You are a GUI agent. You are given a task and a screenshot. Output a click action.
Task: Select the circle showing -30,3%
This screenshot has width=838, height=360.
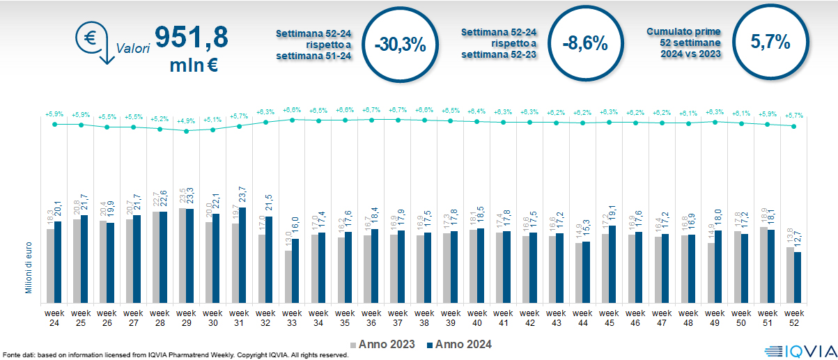coord(399,44)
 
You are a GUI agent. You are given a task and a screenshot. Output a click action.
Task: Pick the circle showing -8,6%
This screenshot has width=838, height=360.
coord(585,44)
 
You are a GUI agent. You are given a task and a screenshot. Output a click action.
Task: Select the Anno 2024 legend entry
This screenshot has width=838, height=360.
coord(457,344)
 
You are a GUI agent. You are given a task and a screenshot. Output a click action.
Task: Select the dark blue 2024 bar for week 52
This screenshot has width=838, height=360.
coord(798,277)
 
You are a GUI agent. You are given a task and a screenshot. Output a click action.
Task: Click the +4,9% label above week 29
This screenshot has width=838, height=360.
coord(186,120)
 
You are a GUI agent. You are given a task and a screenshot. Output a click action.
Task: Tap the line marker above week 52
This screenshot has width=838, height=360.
coord(793,126)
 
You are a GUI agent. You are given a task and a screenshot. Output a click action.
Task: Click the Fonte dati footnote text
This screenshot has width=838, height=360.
coord(175,355)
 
